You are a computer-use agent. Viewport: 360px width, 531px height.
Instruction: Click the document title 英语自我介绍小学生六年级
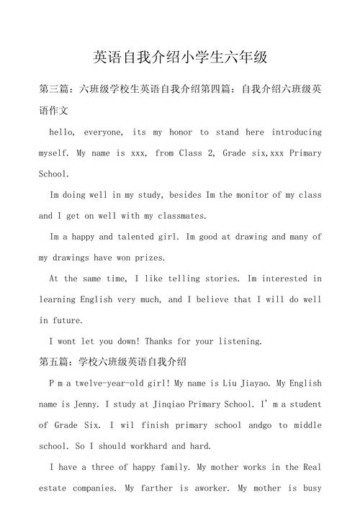click(180, 57)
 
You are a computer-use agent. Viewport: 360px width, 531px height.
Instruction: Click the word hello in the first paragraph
click(62, 132)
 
